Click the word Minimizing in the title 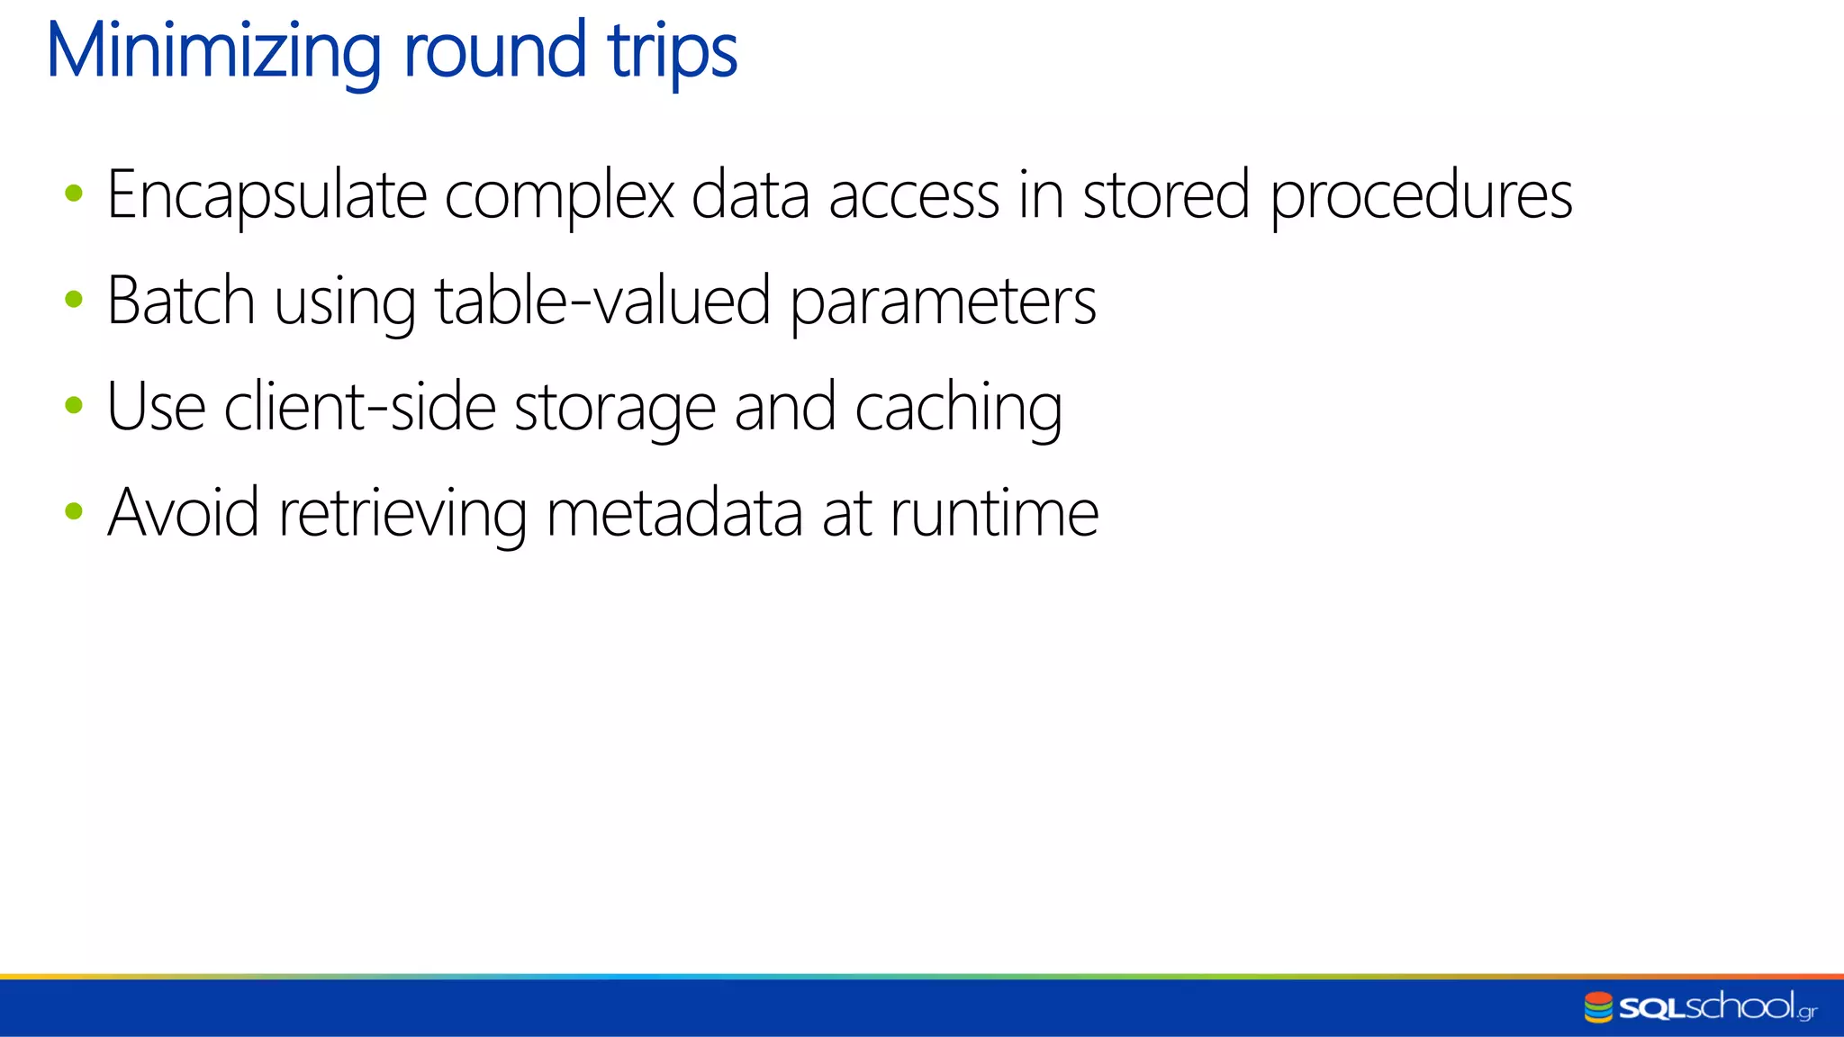click(x=213, y=52)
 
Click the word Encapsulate click(x=267, y=195)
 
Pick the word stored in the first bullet click(x=1165, y=195)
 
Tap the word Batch click(x=181, y=301)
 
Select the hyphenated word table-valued click(x=602, y=301)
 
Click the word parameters click(x=943, y=302)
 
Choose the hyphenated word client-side click(x=359, y=407)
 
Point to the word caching click(x=958, y=409)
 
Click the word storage click(x=614, y=409)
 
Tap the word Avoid click(x=184, y=512)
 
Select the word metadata click(x=674, y=512)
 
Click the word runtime click(x=994, y=512)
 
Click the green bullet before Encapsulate click(x=74, y=193)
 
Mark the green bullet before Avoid click(x=74, y=511)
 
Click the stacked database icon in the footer click(x=1598, y=1007)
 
